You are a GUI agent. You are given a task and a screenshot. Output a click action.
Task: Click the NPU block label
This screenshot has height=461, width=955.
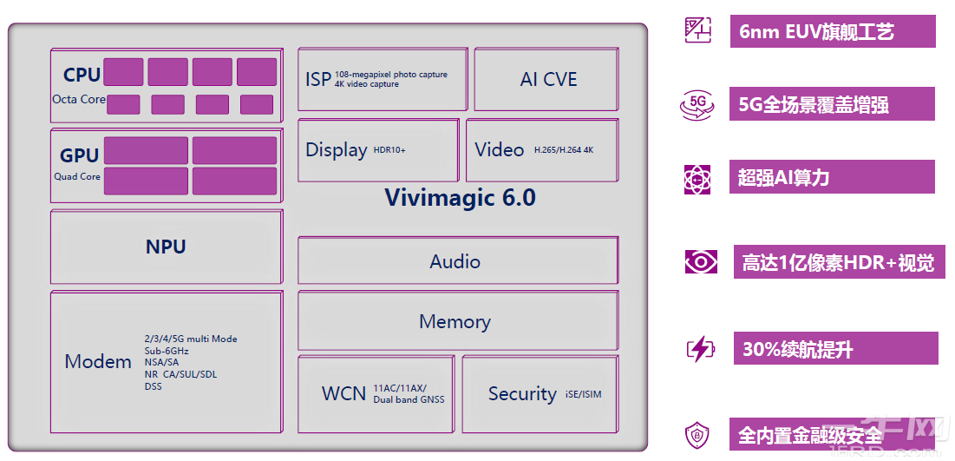tap(166, 247)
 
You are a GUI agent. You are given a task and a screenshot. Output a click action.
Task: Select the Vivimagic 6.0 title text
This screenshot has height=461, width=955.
tap(460, 198)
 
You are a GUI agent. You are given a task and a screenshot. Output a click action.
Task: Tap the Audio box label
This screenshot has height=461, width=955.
tap(455, 261)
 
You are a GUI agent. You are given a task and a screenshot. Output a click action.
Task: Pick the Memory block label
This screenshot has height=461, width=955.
tap(455, 321)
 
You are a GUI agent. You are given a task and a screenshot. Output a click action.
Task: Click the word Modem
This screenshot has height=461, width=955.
tap(98, 361)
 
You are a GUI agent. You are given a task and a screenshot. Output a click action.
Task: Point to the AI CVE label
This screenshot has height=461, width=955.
tap(548, 79)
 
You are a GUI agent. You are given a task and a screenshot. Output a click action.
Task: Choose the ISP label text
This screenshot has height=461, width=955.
tap(318, 79)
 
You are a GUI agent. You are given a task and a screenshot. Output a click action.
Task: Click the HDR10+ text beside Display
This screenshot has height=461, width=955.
tap(389, 150)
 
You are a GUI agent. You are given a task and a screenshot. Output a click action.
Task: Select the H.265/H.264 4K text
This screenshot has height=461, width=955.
tap(564, 150)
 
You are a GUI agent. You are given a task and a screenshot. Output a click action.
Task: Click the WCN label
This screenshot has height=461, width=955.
tap(343, 393)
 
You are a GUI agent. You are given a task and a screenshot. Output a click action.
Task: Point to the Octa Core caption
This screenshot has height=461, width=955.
tap(79, 100)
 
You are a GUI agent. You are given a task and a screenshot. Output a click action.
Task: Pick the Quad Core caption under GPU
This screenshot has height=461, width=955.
tap(77, 176)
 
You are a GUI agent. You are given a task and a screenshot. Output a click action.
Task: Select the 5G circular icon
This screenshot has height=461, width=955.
tap(697, 104)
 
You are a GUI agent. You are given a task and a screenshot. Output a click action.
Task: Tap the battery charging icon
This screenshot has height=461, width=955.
tap(699, 349)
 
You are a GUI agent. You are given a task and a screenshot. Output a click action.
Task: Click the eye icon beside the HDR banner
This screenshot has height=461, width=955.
tap(700, 262)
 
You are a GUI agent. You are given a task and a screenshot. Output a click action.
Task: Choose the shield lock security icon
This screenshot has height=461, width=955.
tap(698, 434)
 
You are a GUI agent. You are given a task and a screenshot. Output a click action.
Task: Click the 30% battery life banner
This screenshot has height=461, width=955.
tap(834, 350)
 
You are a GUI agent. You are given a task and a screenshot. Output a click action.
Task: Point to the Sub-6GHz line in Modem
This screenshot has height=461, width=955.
tap(167, 351)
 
